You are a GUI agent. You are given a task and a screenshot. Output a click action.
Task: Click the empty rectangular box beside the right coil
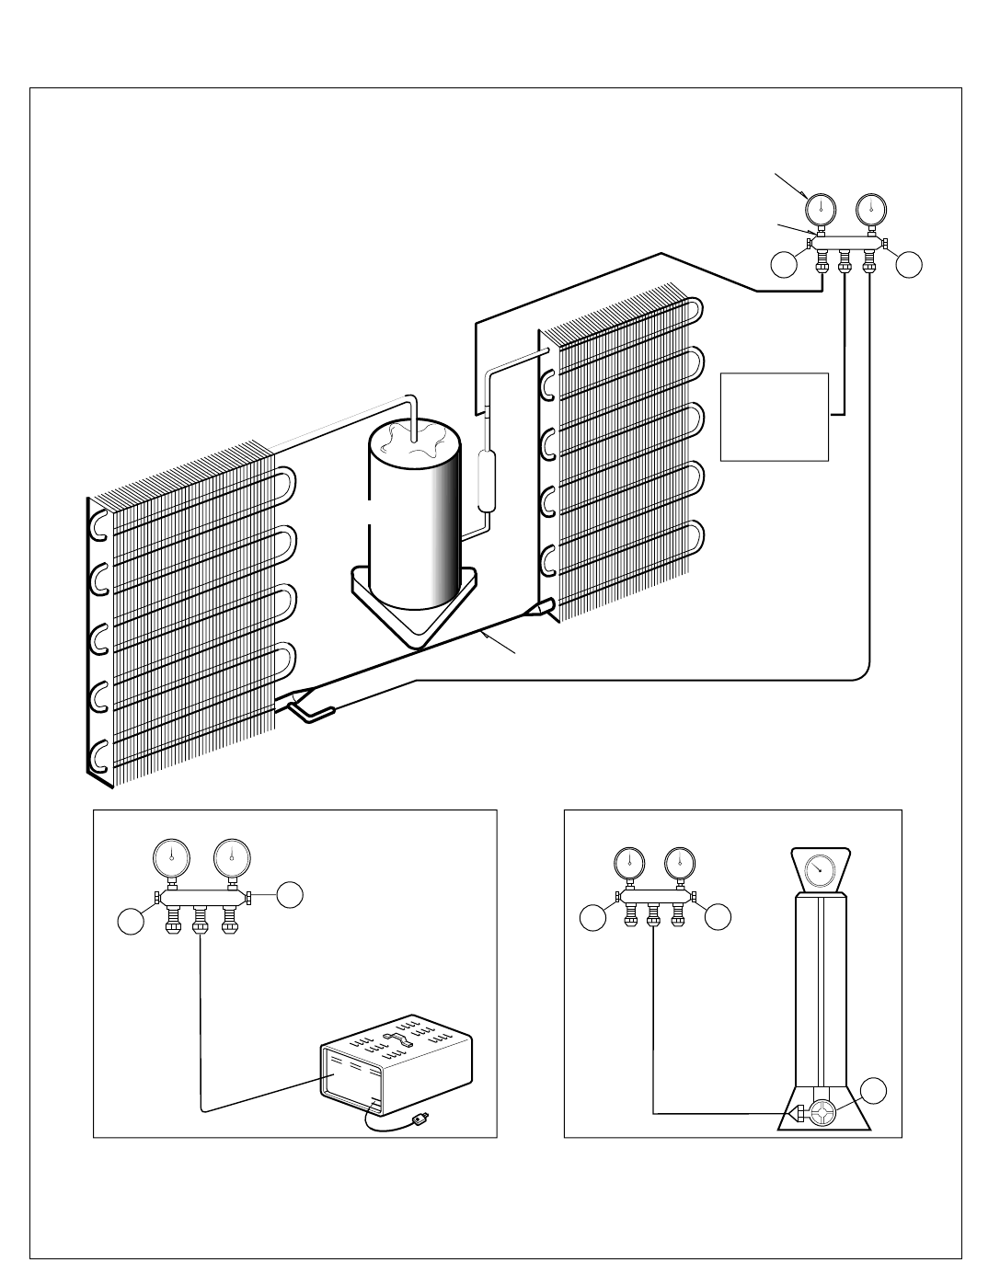(x=775, y=416)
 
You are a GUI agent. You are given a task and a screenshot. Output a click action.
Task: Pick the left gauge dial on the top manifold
(x=820, y=207)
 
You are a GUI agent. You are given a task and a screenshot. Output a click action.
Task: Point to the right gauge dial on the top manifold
(x=869, y=207)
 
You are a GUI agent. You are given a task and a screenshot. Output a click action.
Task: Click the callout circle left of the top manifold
(x=785, y=265)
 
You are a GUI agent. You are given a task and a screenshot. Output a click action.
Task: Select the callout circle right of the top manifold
(x=909, y=265)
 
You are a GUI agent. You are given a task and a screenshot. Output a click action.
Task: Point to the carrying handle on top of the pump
(x=401, y=1039)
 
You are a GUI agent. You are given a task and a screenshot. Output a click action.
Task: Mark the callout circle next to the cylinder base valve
(x=875, y=1090)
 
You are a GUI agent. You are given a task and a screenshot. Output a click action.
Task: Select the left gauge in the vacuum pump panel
(x=171, y=859)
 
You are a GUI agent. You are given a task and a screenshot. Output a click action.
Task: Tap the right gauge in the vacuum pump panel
(x=232, y=859)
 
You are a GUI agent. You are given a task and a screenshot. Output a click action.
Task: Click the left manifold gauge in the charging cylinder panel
(x=629, y=863)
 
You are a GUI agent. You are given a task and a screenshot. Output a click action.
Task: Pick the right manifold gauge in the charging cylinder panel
(x=680, y=863)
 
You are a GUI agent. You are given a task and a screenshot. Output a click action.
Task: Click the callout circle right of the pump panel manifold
(x=291, y=892)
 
